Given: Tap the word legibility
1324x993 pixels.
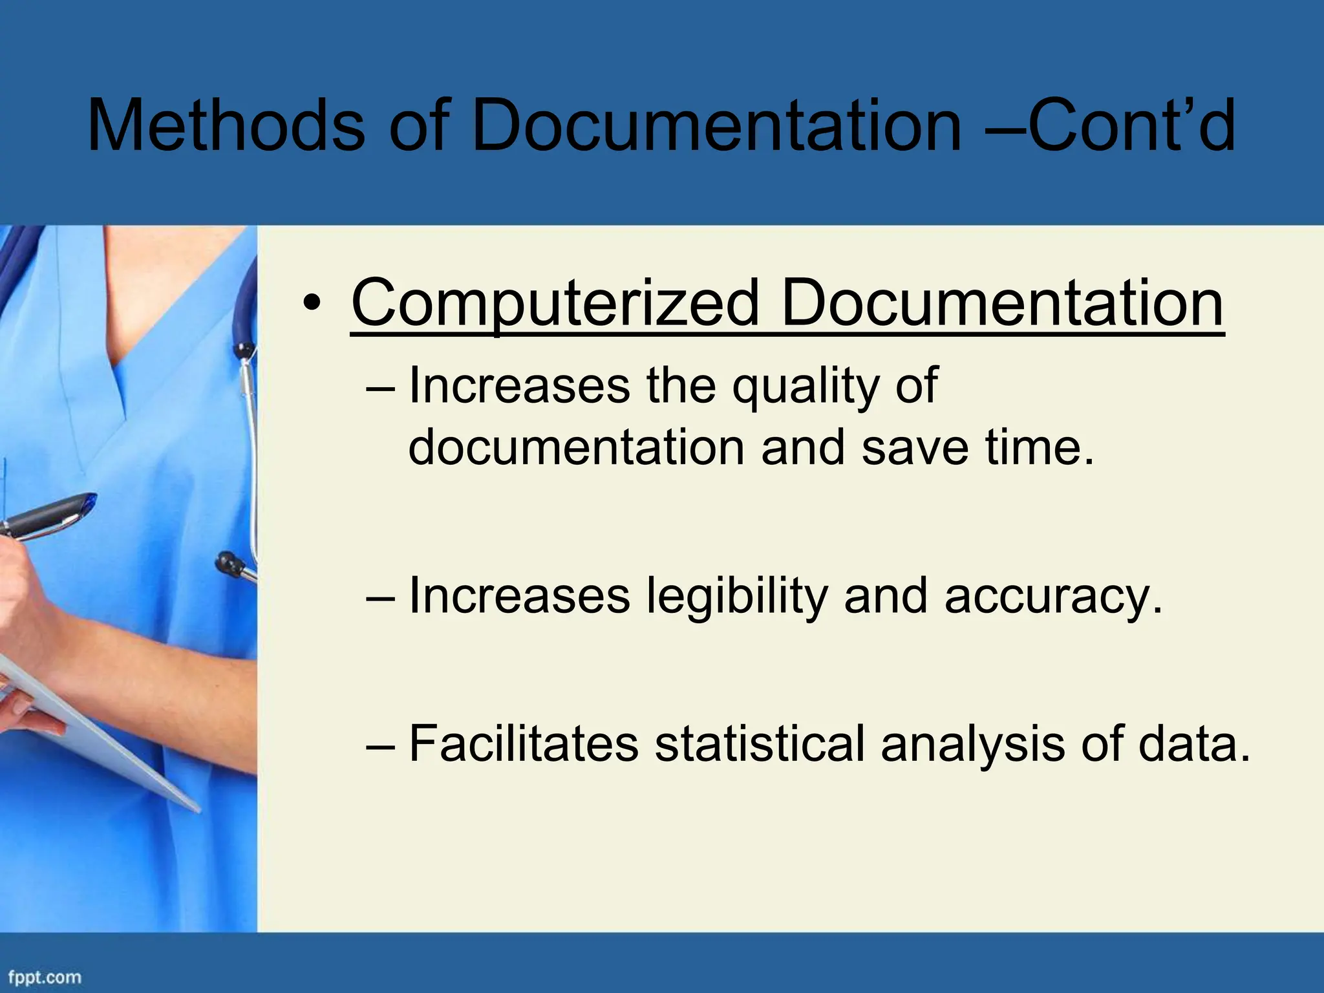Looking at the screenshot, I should tap(737, 596).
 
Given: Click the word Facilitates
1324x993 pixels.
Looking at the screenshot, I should tap(524, 744).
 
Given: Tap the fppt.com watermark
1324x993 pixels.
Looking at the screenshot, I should tap(45, 976).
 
